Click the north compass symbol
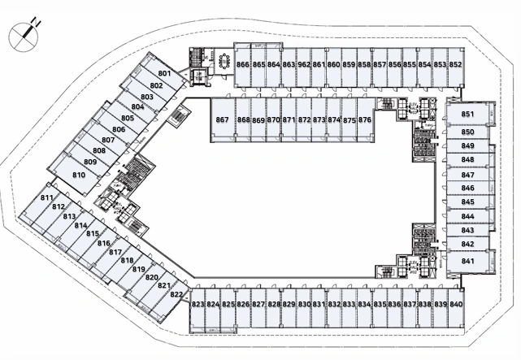24,36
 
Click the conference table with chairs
225,61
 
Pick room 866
242,65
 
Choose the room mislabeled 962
304,65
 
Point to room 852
455,65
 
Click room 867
223,120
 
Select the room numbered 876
366,120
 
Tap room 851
467,114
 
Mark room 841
467,261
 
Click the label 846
467,188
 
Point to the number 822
176,294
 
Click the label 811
47,198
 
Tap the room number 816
104,243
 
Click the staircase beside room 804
179,115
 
